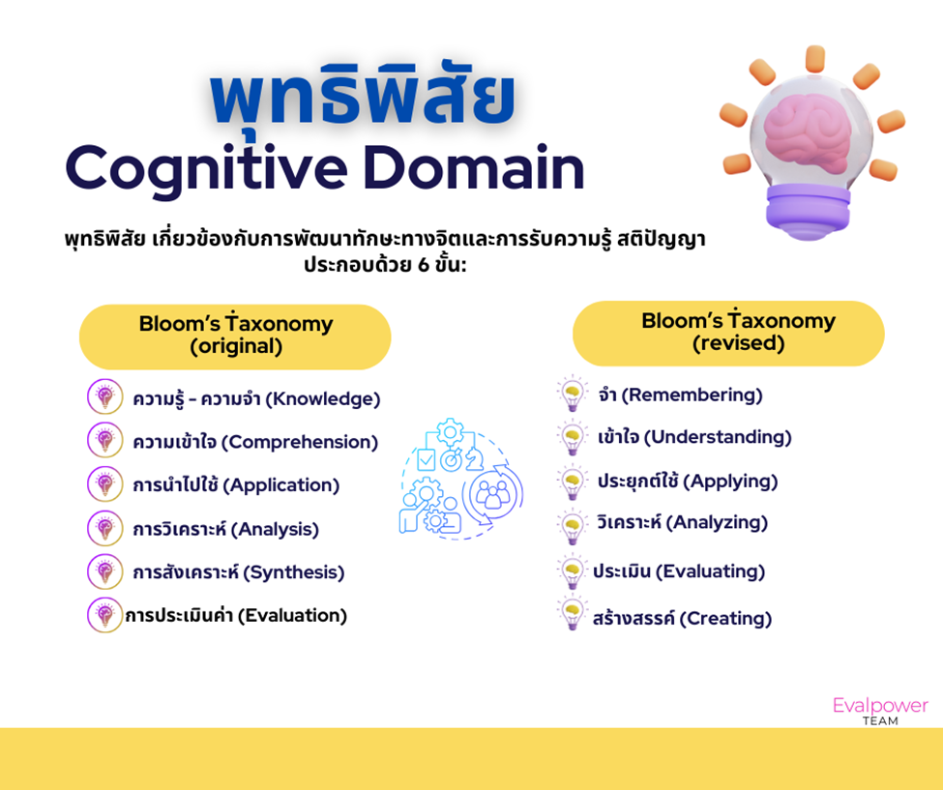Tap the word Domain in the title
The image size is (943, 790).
pyautogui.click(x=473, y=167)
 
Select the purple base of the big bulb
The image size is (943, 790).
pyautogui.click(x=808, y=211)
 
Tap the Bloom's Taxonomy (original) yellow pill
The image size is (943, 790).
pyautogui.click(x=235, y=336)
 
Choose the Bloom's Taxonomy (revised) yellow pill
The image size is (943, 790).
pyautogui.click(x=728, y=333)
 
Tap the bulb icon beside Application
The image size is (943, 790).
pyautogui.click(x=105, y=483)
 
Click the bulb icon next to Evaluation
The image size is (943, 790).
pyautogui.click(x=105, y=614)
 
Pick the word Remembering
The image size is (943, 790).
pyautogui.click(x=692, y=395)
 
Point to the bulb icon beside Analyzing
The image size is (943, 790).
pyautogui.click(x=573, y=525)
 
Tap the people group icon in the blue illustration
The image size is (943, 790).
pyautogui.click(x=492, y=493)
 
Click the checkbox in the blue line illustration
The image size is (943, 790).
pyautogui.click(x=426, y=460)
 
